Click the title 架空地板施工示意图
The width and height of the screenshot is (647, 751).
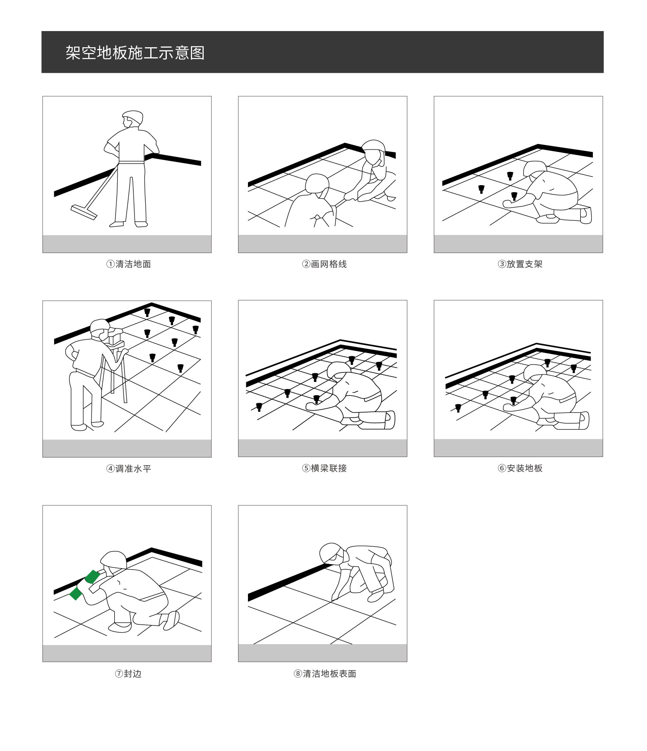pos(135,53)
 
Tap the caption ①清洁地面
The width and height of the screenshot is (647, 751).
pos(128,264)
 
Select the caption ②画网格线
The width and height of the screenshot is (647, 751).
pos(324,264)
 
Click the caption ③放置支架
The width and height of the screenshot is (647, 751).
pos(520,264)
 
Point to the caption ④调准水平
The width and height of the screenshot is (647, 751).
pos(128,468)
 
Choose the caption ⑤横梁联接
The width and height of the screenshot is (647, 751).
pos(324,468)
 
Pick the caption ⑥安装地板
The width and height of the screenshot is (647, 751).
pos(520,468)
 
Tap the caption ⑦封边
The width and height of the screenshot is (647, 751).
pos(128,674)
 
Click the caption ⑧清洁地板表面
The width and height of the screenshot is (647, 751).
pos(325,674)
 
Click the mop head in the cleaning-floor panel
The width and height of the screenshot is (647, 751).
pos(84,212)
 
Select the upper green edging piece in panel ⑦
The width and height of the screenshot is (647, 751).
pos(92,576)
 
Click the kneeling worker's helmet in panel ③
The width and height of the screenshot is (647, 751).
pos(534,167)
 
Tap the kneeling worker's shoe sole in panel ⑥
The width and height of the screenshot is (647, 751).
pos(584,420)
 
